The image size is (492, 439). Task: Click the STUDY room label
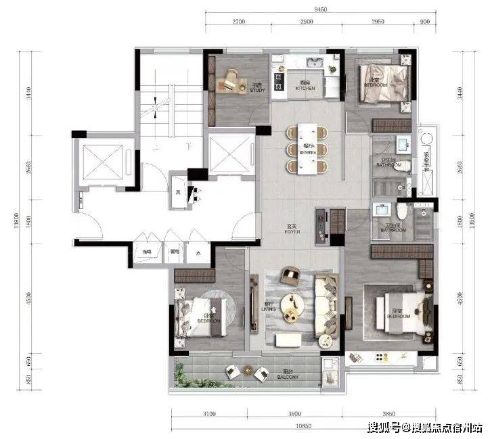[257, 88]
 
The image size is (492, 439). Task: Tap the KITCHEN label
[306, 87]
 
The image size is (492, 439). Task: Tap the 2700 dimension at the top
[238, 22]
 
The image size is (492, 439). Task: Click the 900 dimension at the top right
[425, 22]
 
